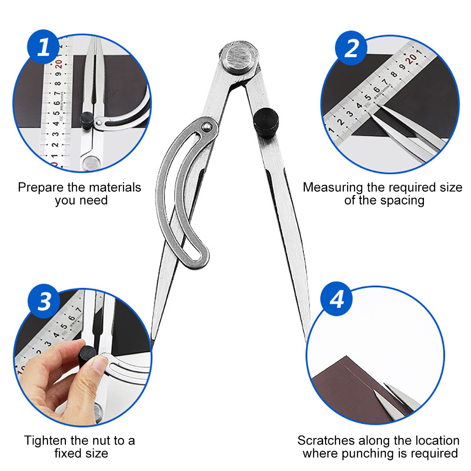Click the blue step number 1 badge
coord(43,47)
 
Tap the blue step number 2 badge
coord(351,48)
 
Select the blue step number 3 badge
coord(44,301)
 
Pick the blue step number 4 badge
coord(337,299)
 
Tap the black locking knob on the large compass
coord(266,123)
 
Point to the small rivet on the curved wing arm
coord(206,127)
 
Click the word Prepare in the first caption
coord(41,188)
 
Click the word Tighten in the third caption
coord(46,441)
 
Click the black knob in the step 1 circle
coord(87,120)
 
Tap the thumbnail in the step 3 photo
coord(99,364)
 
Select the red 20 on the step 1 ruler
coord(58,64)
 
